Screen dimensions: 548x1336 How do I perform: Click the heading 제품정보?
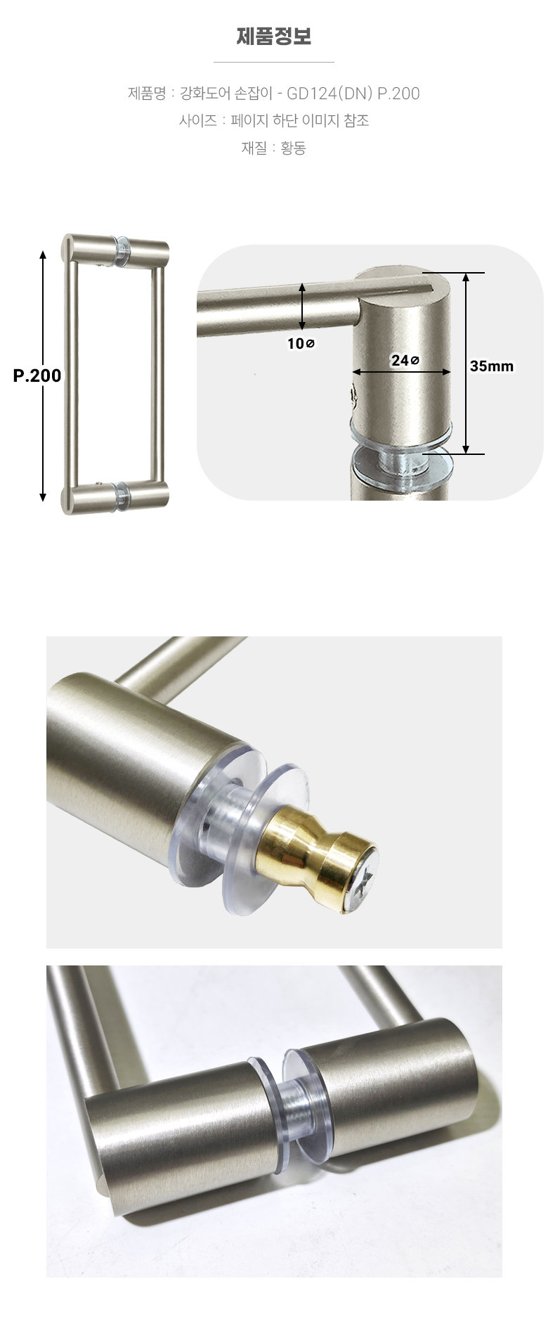click(x=274, y=36)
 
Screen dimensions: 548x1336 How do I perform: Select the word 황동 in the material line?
click(x=293, y=148)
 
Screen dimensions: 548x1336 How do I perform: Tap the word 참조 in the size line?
click(x=356, y=120)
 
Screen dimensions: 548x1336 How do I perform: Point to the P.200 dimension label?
click(x=37, y=375)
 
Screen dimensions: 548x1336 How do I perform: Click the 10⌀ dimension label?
click(x=301, y=343)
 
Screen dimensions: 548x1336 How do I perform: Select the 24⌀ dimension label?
click(x=405, y=360)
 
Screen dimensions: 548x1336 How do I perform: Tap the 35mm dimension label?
click(x=492, y=366)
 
